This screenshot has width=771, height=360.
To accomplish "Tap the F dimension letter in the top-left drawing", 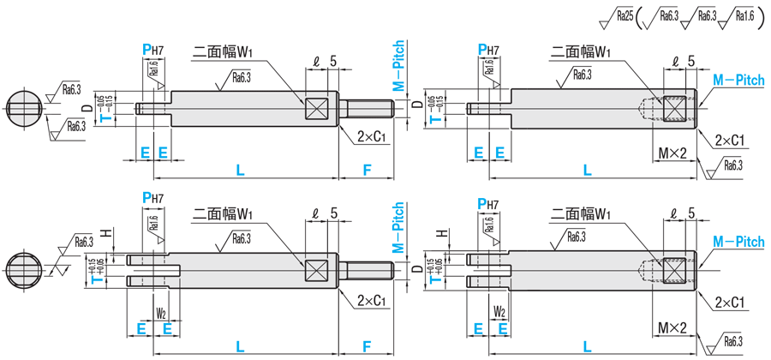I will point(366,171).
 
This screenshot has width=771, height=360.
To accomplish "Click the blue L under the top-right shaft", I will point(587,171).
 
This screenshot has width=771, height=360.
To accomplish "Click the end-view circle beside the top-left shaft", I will point(24,108).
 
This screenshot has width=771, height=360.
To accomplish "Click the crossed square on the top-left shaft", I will point(315,108).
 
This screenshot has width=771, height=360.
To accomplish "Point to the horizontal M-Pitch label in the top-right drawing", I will point(738,79).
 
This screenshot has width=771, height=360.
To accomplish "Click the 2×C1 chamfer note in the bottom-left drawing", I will point(372,301).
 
